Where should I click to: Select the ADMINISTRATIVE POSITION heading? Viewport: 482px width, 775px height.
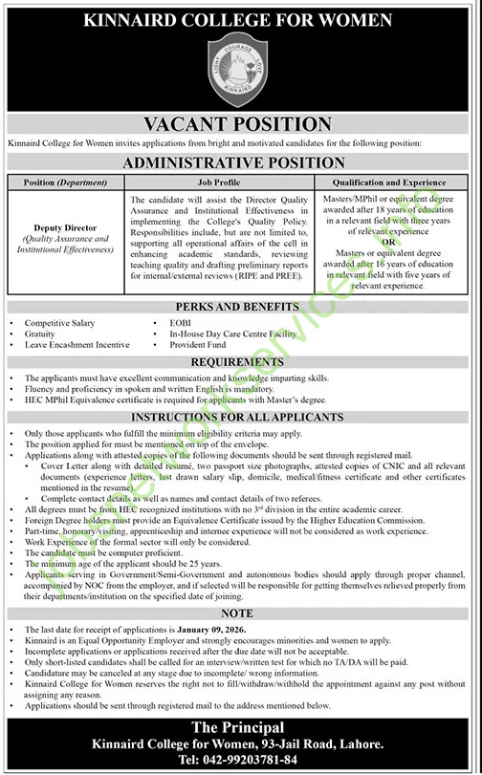tap(241, 163)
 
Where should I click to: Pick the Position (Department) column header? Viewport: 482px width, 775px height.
tap(66, 182)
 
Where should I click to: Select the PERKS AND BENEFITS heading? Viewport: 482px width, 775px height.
tap(241, 310)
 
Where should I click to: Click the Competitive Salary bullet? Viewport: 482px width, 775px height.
tap(59, 324)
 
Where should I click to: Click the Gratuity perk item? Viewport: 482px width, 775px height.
tap(42, 334)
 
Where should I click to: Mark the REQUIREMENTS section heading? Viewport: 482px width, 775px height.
tap(241, 363)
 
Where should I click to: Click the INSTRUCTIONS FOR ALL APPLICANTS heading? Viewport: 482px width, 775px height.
tap(241, 419)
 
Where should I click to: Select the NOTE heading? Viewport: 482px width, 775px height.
tap(241, 614)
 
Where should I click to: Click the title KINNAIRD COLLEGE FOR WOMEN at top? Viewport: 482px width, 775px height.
tap(241, 19)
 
